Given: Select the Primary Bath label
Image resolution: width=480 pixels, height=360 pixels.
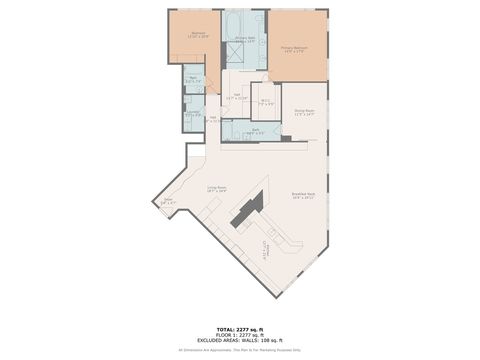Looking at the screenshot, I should pyautogui.click(x=245, y=39).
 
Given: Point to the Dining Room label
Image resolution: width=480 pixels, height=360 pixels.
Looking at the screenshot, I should pyautogui.click(x=304, y=113).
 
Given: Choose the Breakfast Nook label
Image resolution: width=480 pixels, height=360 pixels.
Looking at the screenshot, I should pyautogui.click(x=303, y=196).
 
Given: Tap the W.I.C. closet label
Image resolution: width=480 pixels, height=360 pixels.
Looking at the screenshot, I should pyautogui.click(x=265, y=101).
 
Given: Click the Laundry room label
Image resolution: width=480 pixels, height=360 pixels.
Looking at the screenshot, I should pyautogui.click(x=193, y=114).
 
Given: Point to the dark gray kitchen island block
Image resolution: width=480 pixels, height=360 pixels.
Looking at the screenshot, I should pyautogui.click(x=246, y=209).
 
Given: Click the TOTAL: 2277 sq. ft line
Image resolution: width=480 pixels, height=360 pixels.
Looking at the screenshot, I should pyautogui.click(x=240, y=328).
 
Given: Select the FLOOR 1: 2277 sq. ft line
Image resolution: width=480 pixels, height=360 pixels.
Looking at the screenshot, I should pyautogui.click(x=240, y=334).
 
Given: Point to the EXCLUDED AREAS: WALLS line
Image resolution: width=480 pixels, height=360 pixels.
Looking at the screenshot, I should pyautogui.click(x=240, y=340).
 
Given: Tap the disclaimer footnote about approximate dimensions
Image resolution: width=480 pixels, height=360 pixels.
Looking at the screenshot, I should pyautogui.click(x=240, y=350).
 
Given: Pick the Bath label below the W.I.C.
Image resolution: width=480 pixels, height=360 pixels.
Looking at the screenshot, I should pyautogui.click(x=256, y=131).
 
